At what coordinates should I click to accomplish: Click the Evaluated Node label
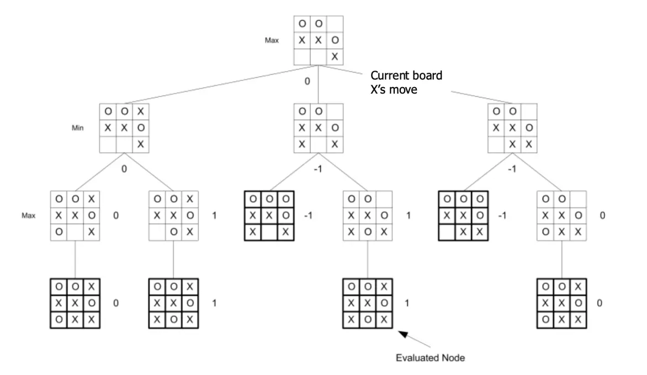coord(430,358)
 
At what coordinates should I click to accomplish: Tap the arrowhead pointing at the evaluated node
coord(401,332)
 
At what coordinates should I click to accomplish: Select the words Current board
coord(406,76)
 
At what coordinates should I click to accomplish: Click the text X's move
coord(393,88)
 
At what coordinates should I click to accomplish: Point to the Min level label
coord(78,128)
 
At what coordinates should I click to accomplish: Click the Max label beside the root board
coord(271,41)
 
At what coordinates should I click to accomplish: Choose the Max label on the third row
coord(29,216)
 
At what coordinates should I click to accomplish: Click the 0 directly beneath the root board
coord(307,82)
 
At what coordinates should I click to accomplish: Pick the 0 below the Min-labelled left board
coord(124,168)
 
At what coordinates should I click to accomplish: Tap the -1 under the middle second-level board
coord(317,168)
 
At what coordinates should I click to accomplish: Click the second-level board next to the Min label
coord(124,128)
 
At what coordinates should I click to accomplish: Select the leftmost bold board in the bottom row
coord(75,303)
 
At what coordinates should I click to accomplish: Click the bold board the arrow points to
coord(368,303)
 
